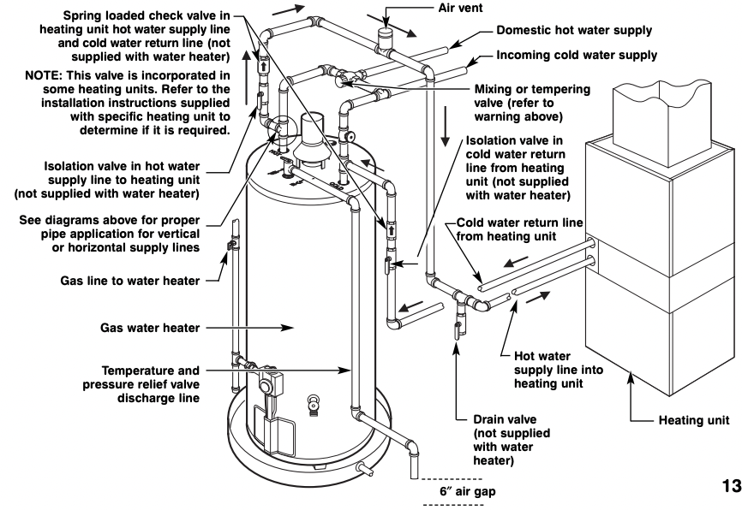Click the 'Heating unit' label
click(x=694, y=420)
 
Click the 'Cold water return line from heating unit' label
click(x=519, y=228)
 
